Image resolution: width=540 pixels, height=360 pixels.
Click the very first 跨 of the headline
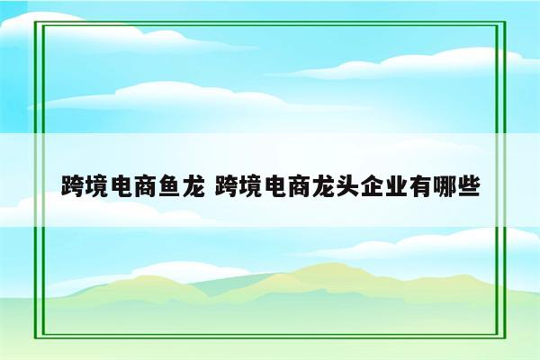point(73,187)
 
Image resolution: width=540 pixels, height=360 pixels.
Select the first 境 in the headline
point(96,187)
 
